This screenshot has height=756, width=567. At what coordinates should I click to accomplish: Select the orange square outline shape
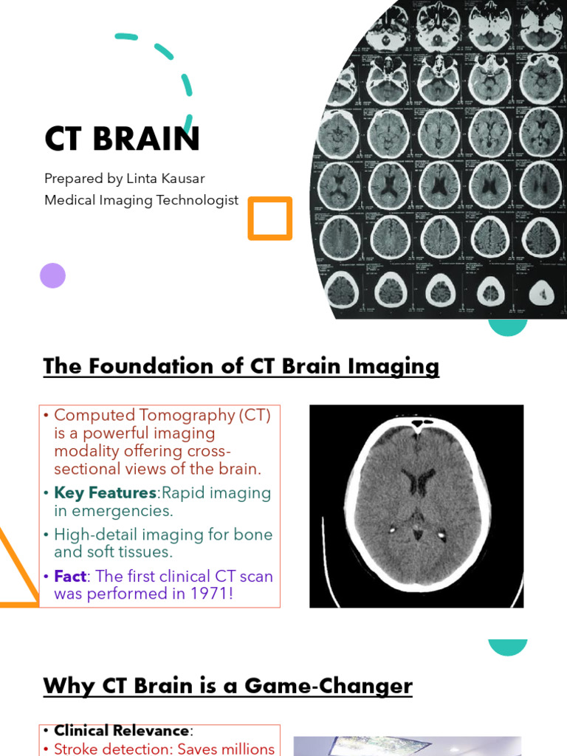pos(270,219)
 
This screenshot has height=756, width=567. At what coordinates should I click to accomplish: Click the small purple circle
pos(52,275)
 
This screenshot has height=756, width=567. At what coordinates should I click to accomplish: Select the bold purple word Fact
pos(70,576)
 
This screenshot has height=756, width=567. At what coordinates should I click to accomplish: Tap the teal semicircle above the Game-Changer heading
pos(508,646)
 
